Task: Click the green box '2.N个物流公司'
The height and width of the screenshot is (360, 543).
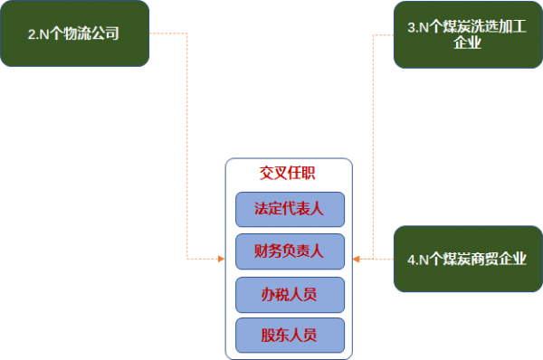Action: tap(74, 35)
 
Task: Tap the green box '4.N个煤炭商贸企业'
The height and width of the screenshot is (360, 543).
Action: tap(467, 260)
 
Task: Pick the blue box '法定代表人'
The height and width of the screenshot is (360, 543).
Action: tap(290, 209)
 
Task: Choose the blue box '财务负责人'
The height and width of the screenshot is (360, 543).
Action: tap(290, 251)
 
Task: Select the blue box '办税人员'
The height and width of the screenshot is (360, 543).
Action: tap(290, 294)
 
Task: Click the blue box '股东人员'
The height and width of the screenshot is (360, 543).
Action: tap(290, 336)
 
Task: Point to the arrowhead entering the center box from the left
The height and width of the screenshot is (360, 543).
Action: tap(221, 260)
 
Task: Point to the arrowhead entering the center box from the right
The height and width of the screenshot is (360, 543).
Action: tap(357, 260)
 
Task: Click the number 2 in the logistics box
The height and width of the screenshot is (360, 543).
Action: tap(32, 36)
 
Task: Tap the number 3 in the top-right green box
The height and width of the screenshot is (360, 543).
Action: tap(413, 27)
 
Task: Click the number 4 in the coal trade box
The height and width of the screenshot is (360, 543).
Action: tap(413, 261)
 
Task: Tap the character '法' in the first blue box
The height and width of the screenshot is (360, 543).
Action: tap(262, 209)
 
